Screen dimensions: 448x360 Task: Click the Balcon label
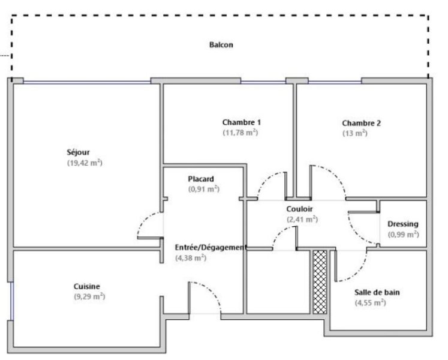(221, 45)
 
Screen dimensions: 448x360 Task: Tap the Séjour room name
(79, 152)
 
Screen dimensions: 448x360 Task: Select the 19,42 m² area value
(85, 163)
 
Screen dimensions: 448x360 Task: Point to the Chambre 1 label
(242, 122)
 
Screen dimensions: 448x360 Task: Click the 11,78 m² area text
(240, 133)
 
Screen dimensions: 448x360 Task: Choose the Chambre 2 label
(362, 123)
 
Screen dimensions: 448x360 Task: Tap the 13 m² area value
(355, 133)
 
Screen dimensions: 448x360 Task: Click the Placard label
(201, 179)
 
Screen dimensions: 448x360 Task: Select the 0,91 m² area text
(204, 189)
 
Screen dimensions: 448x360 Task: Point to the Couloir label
(299, 209)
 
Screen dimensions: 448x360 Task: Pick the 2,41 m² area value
(302, 220)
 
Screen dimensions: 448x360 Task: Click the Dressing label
(403, 224)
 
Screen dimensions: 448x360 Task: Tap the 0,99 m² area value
(404, 235)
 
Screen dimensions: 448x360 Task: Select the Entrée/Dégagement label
(211, 247)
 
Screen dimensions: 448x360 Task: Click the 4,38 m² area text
(191, 258)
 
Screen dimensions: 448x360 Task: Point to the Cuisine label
(87, 286)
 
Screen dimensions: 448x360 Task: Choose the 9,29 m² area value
(90, 296)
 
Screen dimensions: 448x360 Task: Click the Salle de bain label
(377, 293)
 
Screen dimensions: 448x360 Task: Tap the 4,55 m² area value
(370, 302)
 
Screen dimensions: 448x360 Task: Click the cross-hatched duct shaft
(320, 282)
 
